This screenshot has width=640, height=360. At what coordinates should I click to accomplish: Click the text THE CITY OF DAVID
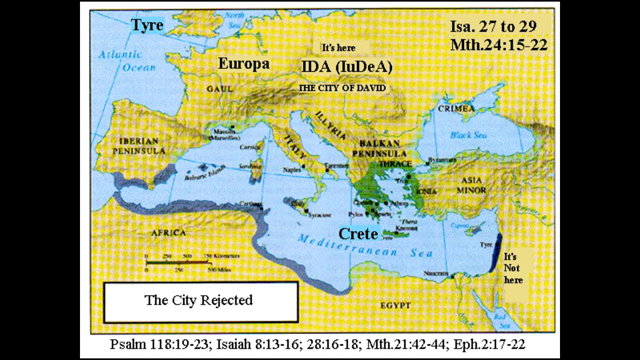pos(342,88)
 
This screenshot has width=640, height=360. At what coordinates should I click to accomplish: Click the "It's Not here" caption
pos(514,265)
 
